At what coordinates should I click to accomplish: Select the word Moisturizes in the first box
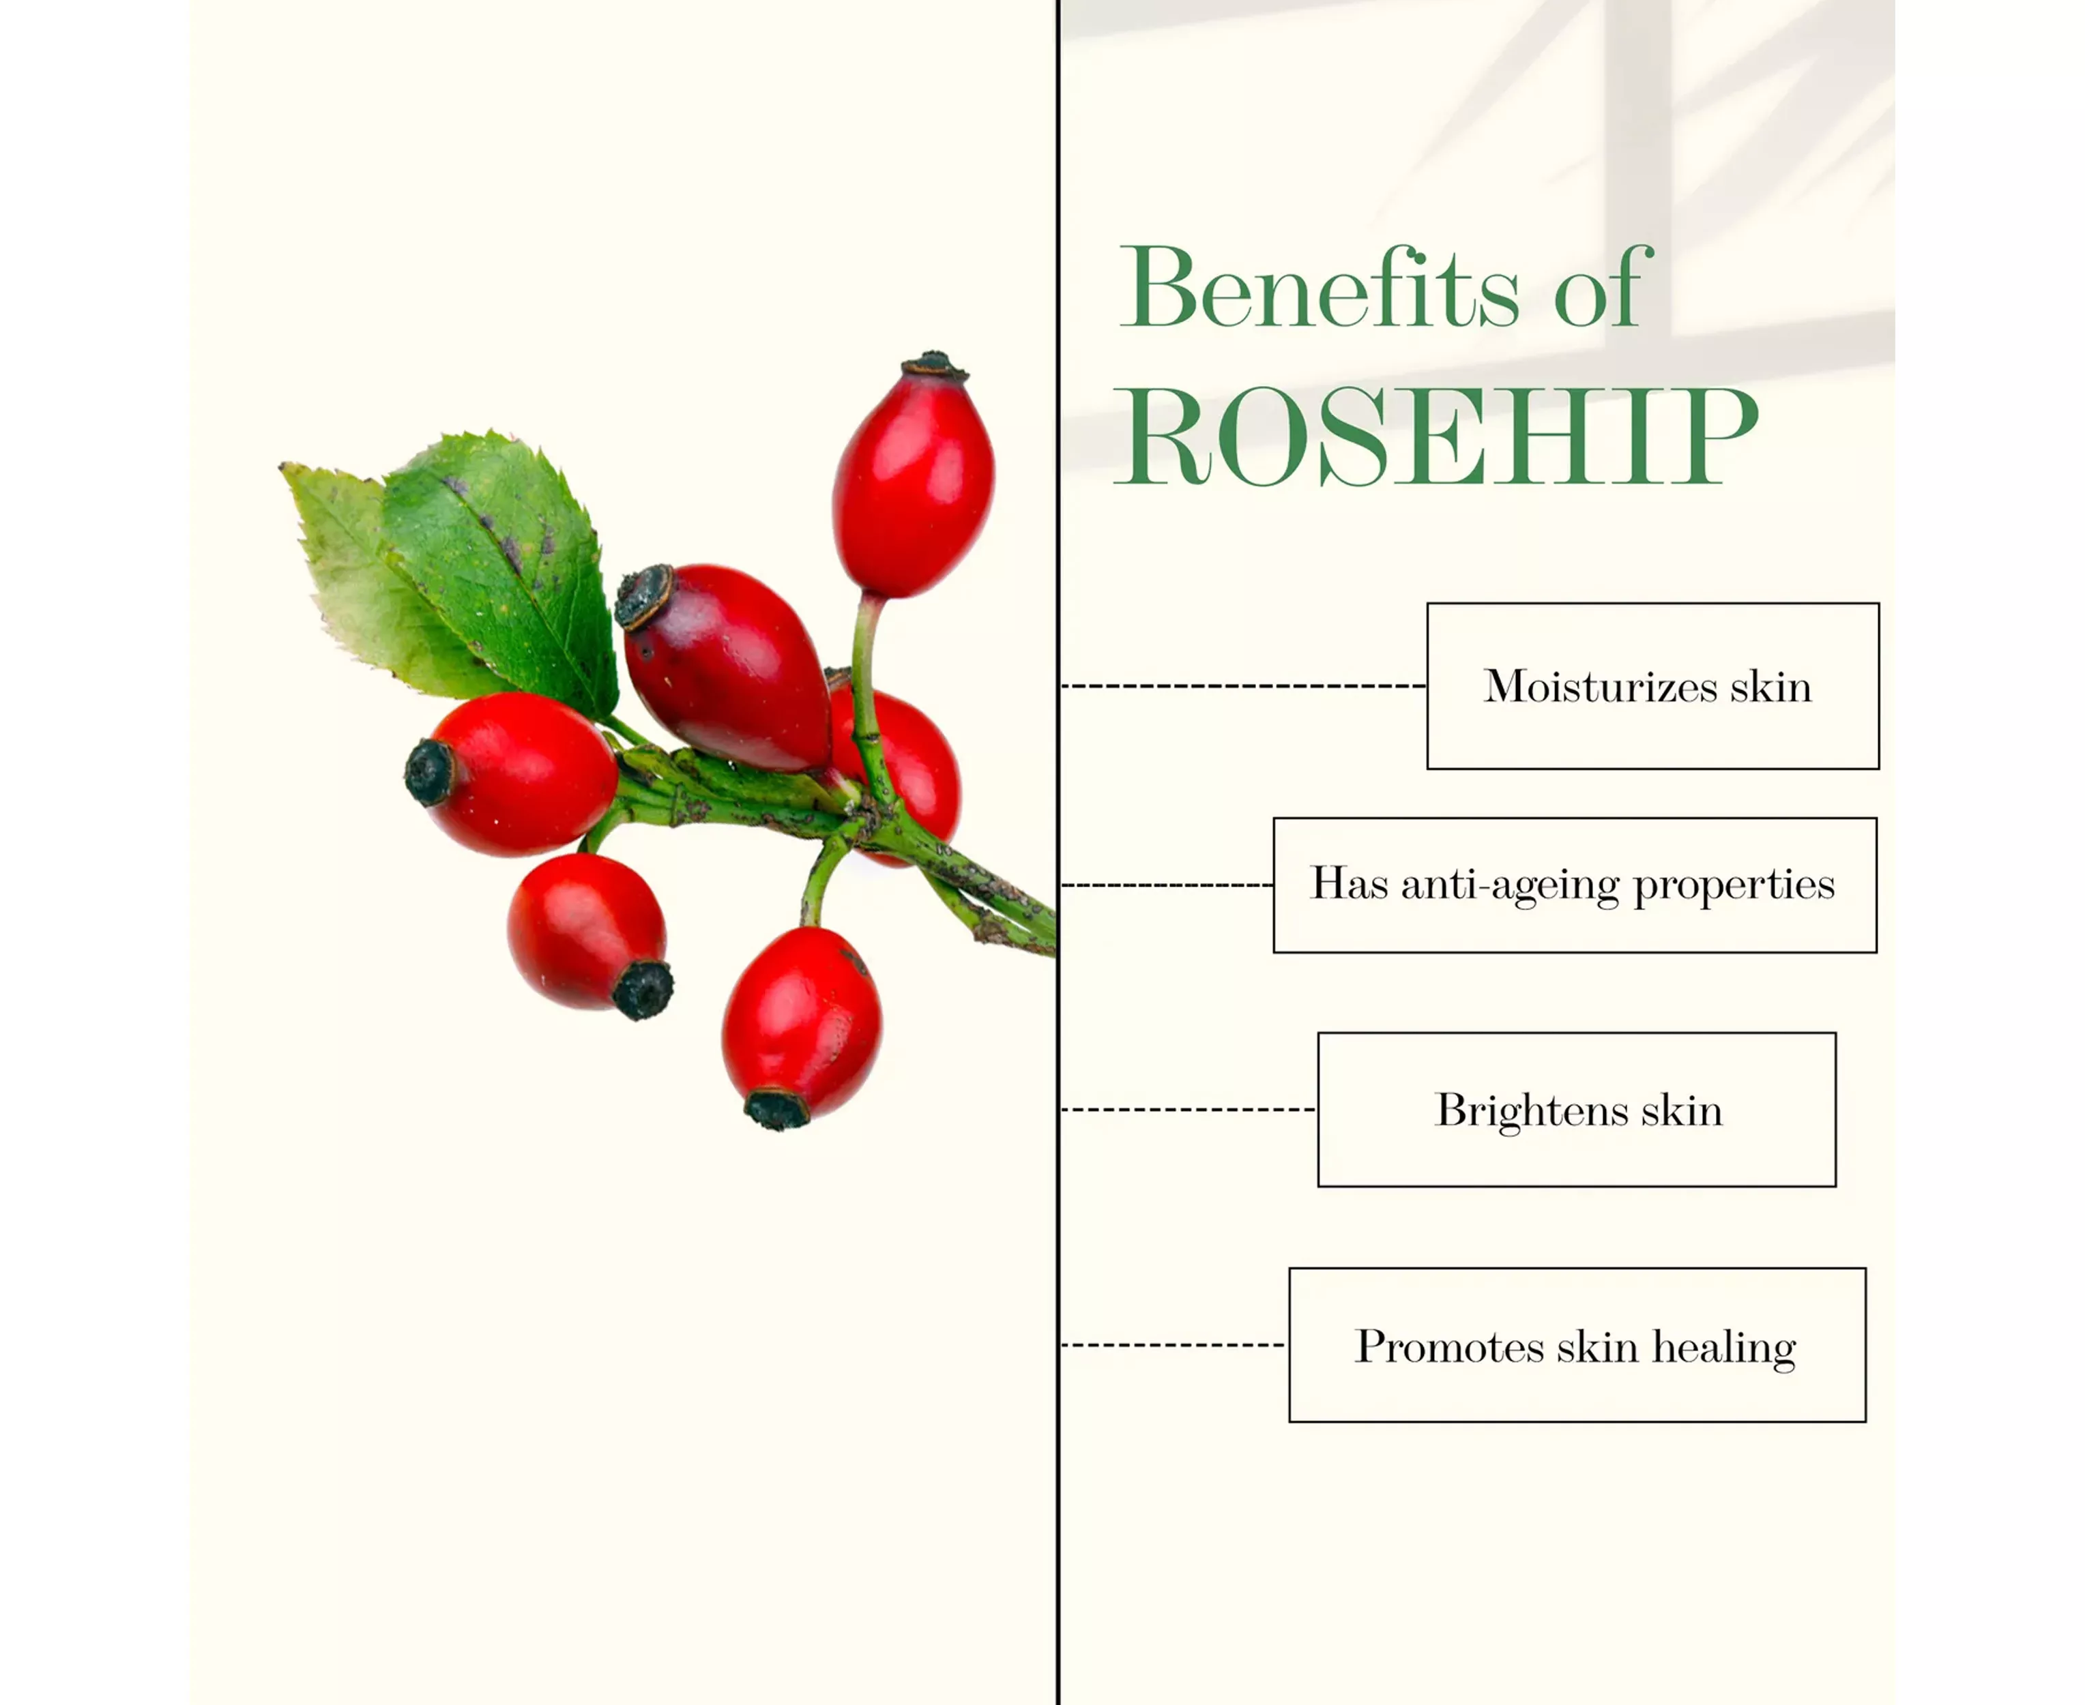point(1600,685)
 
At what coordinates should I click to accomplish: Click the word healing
point(1723,1346)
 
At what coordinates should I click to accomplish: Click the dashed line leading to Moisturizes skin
point(1244,685)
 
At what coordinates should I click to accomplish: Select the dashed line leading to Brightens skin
point(1189,1110)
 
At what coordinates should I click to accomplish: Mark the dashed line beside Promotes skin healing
point(1174,1344)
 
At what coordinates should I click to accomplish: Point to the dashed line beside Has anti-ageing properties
point(1167,885)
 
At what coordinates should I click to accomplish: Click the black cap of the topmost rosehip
point(933,366)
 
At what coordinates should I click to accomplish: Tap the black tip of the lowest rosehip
point(776,1110)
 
